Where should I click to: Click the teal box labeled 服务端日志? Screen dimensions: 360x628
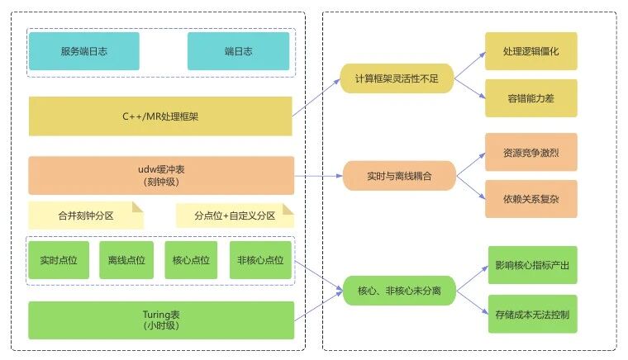coord(83,51)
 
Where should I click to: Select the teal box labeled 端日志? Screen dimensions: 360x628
coord(239,51)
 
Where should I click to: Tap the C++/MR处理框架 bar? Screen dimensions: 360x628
coord(160,116)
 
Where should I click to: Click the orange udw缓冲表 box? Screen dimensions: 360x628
coord(160,175)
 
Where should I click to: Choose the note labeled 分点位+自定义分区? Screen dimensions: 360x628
coord(235,216)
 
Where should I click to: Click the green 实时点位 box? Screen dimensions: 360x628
coord(59,260)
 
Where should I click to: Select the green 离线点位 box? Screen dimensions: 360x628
coord(126,260)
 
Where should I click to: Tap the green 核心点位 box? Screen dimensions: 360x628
coord(192,260)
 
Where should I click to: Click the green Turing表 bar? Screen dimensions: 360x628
coord(160,320)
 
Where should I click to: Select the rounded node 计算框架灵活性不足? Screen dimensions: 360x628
coord(397,78)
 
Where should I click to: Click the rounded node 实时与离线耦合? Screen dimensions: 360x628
coord(399,175)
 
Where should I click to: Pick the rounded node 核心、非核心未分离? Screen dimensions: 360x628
coord(400,291)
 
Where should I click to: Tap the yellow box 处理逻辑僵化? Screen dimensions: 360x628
coord(530,51)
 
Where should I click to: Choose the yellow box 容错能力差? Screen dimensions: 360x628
coord(530,97)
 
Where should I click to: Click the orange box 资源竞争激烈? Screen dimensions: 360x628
coord(530,153)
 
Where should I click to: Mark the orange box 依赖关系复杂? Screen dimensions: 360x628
coord(530,199)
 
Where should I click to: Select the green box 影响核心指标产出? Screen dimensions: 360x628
coord(530,265)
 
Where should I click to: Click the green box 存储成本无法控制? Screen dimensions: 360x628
coord(530,314)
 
